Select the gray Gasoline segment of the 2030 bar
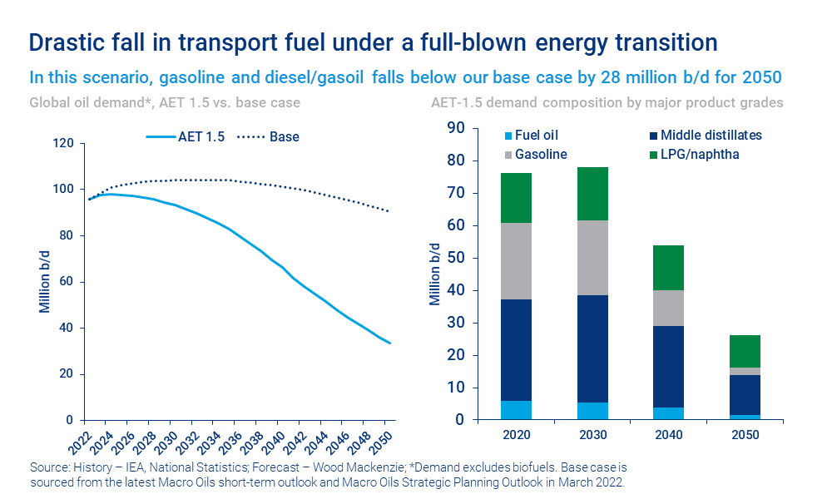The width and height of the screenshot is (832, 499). click(592, 258)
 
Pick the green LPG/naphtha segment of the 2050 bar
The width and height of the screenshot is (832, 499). click(745, 352)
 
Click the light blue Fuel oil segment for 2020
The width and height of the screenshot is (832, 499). click(517, 410)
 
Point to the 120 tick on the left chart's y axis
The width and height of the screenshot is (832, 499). click(64, 143)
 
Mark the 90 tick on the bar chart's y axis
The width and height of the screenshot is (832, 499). click(455, 128)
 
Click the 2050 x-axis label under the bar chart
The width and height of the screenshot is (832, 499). click(745, 435)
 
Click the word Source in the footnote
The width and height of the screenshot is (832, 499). click(48, 467)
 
